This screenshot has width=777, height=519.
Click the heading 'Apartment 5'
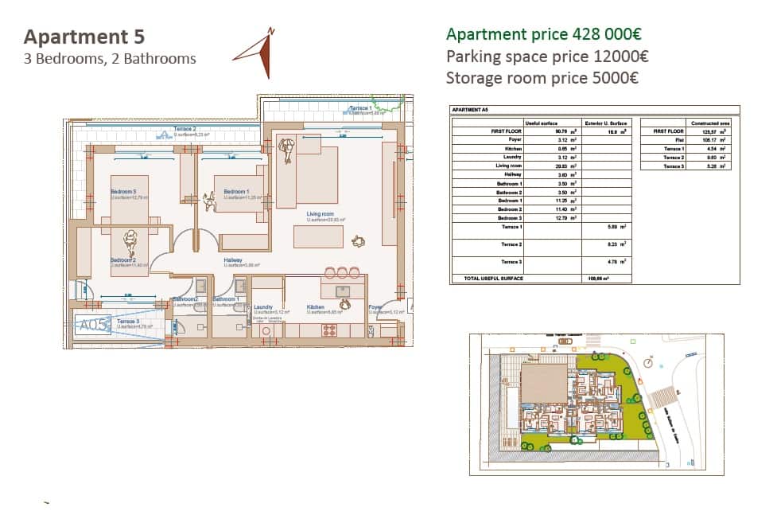point(84,37)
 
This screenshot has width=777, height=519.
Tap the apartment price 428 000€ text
point(543,34)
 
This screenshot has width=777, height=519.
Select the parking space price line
point(547,57)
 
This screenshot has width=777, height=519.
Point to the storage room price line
point(542,78)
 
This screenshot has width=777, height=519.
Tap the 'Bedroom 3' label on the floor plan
point(124,192)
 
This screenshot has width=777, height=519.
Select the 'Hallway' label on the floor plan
point(232,259)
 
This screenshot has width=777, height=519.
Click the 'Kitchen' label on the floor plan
point(315,306)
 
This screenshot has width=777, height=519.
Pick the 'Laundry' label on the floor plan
point(263,306)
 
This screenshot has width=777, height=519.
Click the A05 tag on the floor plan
point(92,325)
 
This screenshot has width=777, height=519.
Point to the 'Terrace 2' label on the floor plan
point(185,129)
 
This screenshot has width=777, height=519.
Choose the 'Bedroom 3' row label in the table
point(509,218)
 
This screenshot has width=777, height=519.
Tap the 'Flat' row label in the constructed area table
point(678,139)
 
